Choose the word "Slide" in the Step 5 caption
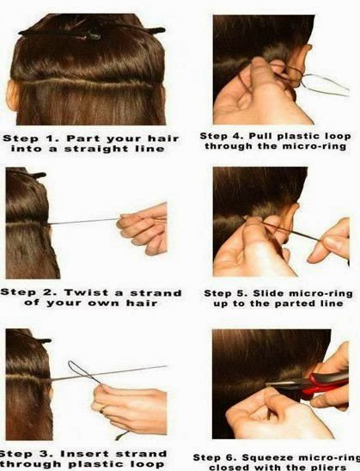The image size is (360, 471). click(267, 293)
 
